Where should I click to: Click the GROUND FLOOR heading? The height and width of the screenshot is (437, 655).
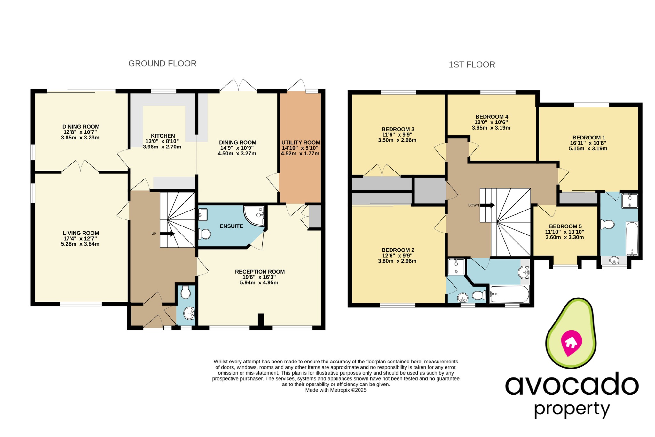point(162,64)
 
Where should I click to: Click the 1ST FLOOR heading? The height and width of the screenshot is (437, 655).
point(471,65)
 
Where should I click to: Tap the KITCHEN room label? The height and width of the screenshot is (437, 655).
point(163,136)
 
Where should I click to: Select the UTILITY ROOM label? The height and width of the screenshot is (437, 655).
point(301,143)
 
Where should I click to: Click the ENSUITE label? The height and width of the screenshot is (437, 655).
point(231,226)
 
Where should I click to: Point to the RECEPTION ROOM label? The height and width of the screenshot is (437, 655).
point(260,272)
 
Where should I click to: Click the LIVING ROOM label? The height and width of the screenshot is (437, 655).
point(81,233)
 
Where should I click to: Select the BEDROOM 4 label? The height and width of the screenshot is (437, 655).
point(492,117)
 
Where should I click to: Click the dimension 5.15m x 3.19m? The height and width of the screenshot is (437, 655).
point(588,148)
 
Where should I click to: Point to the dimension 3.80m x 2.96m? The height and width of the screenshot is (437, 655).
point(397,261)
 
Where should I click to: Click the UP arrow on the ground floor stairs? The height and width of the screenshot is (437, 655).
point(167,234)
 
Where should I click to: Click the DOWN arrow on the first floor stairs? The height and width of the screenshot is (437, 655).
point(487,205)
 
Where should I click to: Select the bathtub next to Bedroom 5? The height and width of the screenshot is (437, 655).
point(632,238)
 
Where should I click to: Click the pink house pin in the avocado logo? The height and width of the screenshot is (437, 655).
point(571,343)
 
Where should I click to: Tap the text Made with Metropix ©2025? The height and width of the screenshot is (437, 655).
point(335,390)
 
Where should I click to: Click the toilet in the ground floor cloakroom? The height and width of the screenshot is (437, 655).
point(186,292)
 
